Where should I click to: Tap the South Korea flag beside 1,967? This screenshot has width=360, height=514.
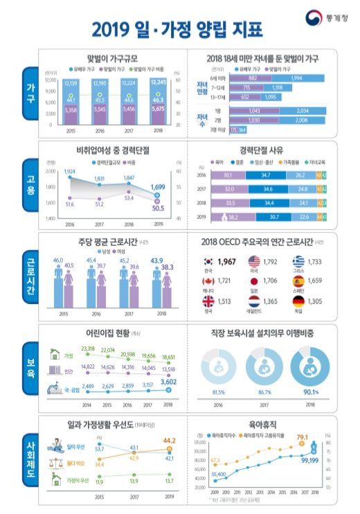tap(206, 262)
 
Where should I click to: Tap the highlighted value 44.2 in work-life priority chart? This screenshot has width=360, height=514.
tap(170, 439)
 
